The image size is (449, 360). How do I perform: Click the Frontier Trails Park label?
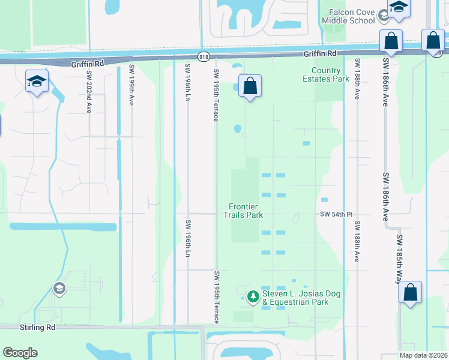[x=244, y=211]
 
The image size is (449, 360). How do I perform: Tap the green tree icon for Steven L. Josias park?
[x=253, y=296]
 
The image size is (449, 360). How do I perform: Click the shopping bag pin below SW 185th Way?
[x=410, y=293]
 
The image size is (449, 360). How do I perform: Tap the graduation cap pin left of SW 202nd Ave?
[x=37, y=82]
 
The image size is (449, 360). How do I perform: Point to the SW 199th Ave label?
[x=131, y=85]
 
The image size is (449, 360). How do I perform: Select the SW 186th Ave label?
[x=385, y=197]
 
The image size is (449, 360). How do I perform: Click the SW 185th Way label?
[x=399, y=259]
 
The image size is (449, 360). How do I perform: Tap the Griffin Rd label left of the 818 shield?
[x=88, y=63]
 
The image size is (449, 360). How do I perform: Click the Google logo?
[x=20, y=353]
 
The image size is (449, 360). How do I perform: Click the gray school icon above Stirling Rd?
[x=59, y=289]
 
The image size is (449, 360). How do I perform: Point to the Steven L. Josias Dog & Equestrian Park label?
[x=295, y=298]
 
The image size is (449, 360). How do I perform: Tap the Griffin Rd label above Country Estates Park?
[x=320, y=53]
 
